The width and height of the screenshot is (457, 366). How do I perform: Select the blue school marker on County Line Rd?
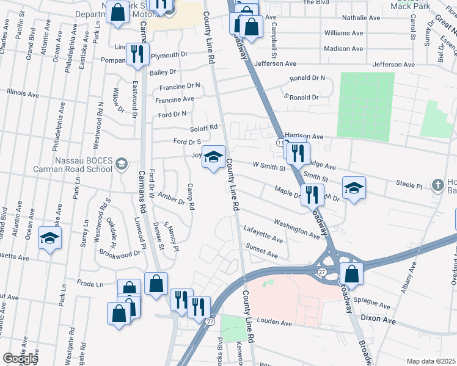tap(213, 158)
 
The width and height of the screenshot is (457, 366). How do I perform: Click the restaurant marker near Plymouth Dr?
tap(137, 54)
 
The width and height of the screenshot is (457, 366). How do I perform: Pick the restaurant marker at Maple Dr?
tap(312, 195)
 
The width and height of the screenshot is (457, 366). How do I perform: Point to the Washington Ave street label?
tap(297, 229)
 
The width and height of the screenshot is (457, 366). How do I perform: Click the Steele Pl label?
tap(409, 184)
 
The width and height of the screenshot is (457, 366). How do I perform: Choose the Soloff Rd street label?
tap(203, 127)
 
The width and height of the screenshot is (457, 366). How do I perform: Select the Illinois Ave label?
tap(23, 94)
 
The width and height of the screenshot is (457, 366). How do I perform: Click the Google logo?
tap(20, 358)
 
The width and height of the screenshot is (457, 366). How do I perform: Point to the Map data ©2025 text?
tap(431, 361)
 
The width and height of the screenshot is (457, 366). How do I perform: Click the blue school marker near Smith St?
tap(353, 188)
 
